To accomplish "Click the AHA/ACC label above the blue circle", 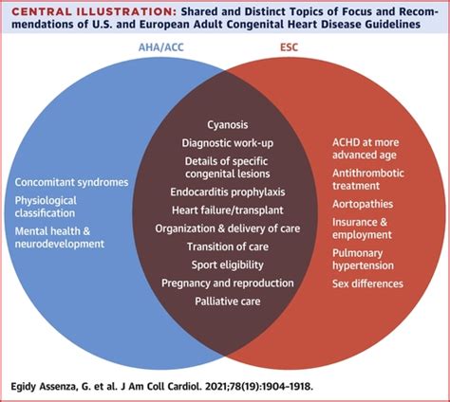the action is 161,47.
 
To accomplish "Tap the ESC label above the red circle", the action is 289,47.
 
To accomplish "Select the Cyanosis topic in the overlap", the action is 228,125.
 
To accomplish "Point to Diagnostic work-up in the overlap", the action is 228,143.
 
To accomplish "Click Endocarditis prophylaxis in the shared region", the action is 228,192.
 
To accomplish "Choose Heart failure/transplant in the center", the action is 228,210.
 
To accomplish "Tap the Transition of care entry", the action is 228,247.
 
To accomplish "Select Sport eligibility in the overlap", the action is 228,265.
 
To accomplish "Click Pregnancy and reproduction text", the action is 228,283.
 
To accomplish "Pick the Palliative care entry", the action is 228,301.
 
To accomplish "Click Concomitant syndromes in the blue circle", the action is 71,183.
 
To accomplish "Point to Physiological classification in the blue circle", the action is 46,207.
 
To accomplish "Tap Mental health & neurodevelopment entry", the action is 60,237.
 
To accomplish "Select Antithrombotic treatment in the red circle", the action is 368,179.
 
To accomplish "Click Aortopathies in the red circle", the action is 363,204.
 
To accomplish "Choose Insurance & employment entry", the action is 362,228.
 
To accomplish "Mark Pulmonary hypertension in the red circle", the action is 363,259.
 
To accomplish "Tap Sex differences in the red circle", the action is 367,283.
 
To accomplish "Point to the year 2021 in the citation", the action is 216,387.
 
